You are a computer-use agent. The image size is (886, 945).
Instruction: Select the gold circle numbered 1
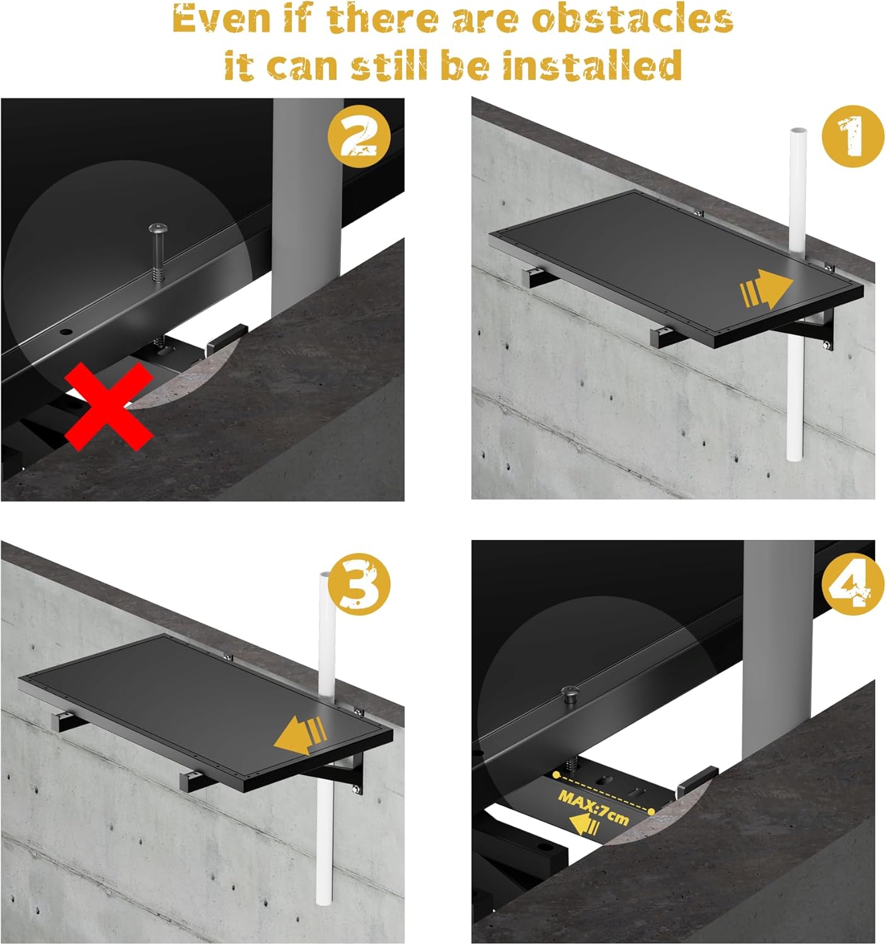tap(853, 136)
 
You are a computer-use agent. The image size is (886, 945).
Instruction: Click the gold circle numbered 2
tap(359, 136)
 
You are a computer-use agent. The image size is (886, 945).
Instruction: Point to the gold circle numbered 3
tap(359, 584)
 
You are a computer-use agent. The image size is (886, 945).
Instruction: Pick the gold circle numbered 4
tap(853, 584)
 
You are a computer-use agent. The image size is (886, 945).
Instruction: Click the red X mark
tap(109, 406)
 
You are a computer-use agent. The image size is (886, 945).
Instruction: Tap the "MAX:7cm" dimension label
tap(593, 807)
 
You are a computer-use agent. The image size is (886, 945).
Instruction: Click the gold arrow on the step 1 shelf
tap(766, 289)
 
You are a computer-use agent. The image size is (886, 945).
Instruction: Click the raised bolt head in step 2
tap(158, 229)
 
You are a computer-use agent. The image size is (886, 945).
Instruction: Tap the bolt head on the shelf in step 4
tap(570, 691)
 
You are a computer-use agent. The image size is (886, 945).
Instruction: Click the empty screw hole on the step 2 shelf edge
tap(66, 331)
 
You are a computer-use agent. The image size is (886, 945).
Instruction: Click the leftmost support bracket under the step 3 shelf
tap(68, 721)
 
